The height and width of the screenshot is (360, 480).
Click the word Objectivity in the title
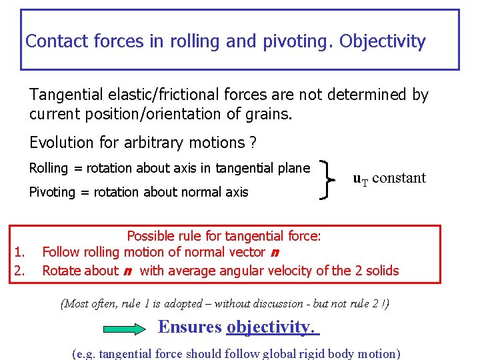click(382, 41)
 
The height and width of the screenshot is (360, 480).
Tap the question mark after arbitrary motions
click(253, 143)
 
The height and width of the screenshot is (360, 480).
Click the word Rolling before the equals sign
click(49, 169)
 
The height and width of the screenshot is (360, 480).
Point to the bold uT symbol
click(360, 179)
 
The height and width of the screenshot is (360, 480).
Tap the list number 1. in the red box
click(19, 252)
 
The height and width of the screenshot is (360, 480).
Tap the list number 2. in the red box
click(19, 271)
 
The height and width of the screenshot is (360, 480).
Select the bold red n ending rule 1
click(275, 252)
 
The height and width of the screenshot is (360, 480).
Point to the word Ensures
click(189, 327)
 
